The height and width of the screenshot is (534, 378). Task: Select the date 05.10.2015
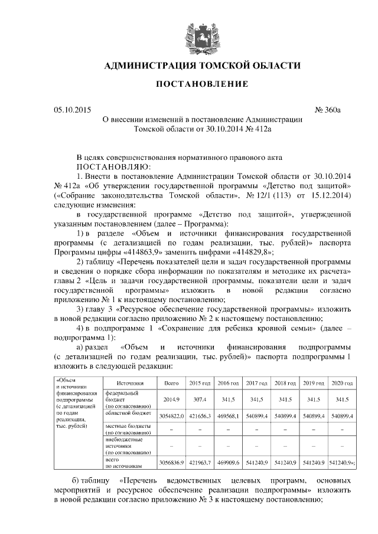click(x=72, y=109)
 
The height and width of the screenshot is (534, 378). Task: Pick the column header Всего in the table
click(x=171, y=383)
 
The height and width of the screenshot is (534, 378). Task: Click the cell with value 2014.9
click(x=171, y=399)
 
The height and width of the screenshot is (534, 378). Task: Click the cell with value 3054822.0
click(x=172, y=416)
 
